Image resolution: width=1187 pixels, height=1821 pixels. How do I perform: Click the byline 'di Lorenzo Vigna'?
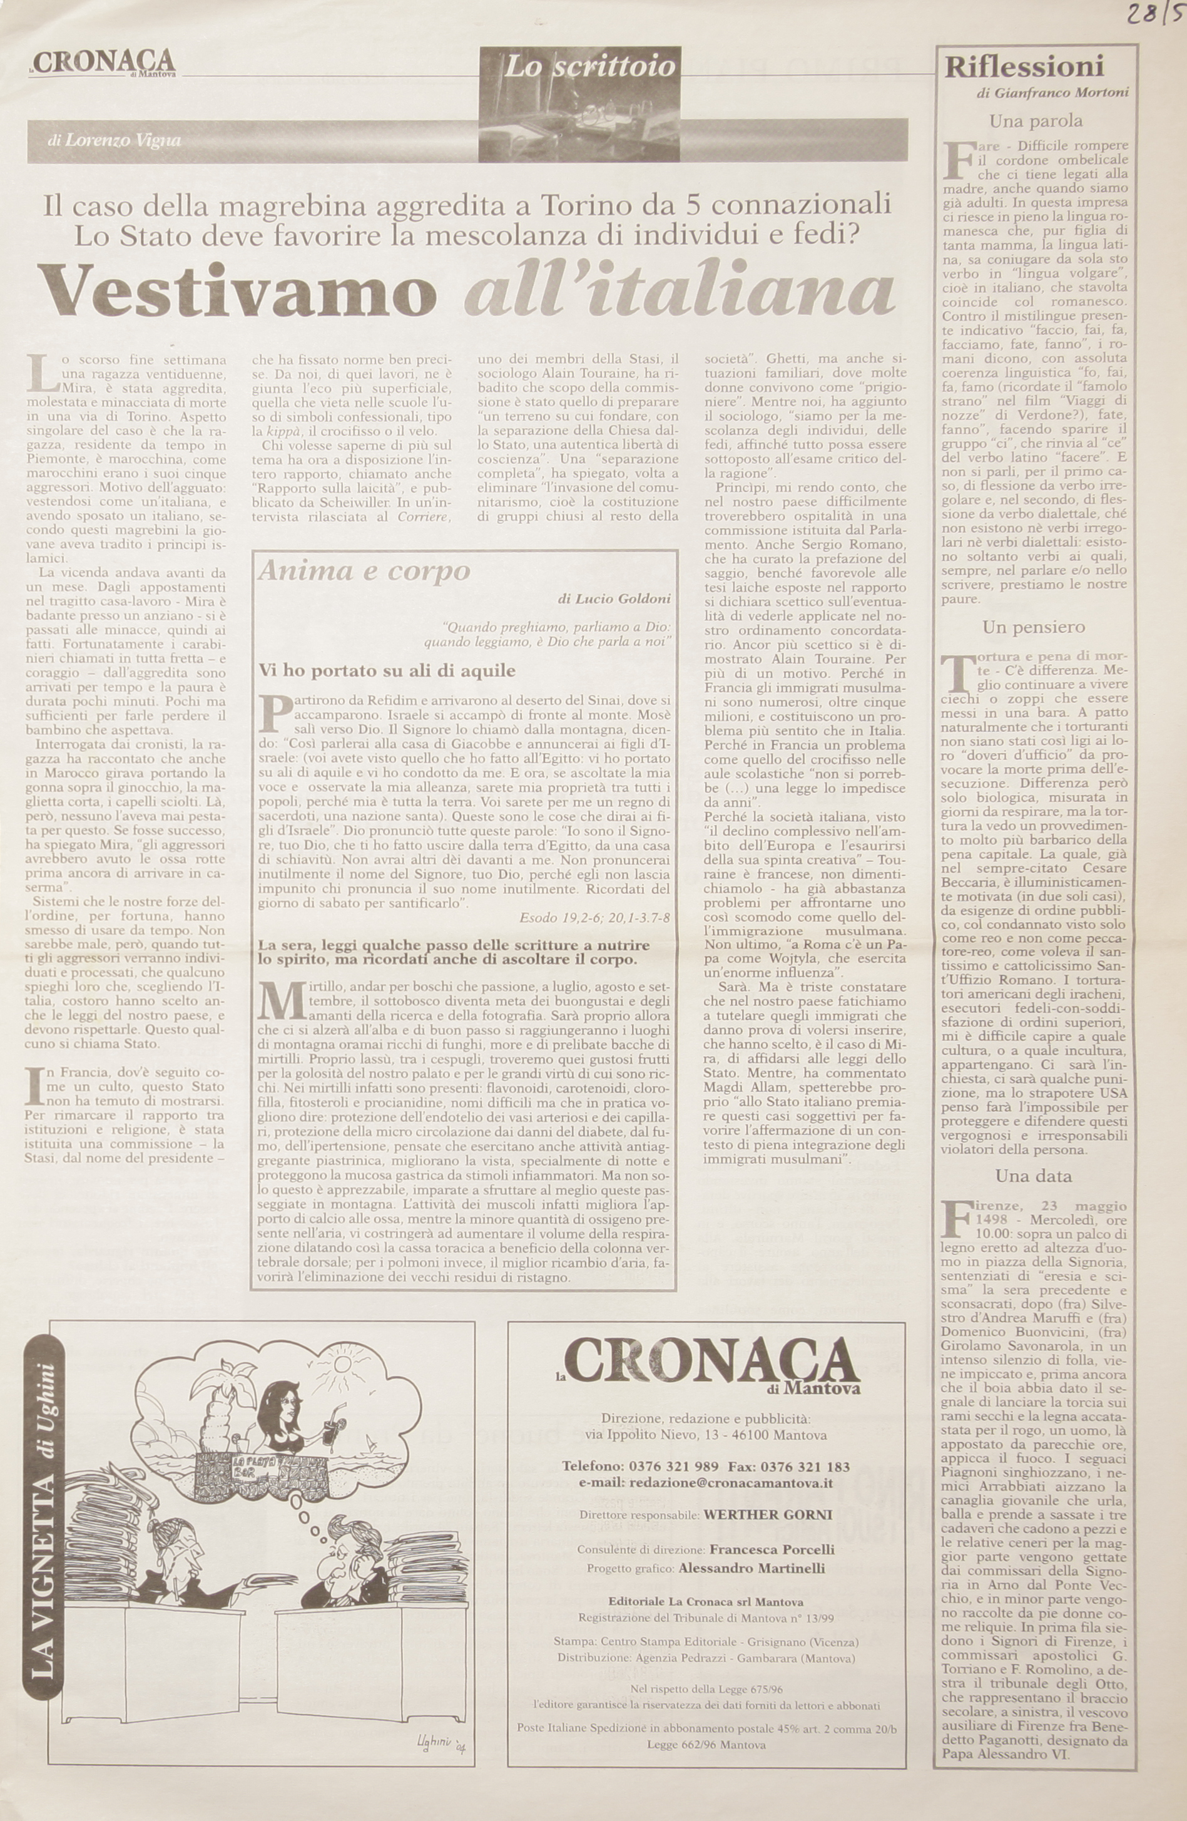tap(113, 141)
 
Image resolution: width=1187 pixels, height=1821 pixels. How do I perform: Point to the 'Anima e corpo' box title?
tap(364, 572)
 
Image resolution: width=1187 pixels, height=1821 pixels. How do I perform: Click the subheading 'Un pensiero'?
tap(1033, 627)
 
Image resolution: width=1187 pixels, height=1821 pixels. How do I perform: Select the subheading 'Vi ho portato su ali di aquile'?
tap(387, 671)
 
